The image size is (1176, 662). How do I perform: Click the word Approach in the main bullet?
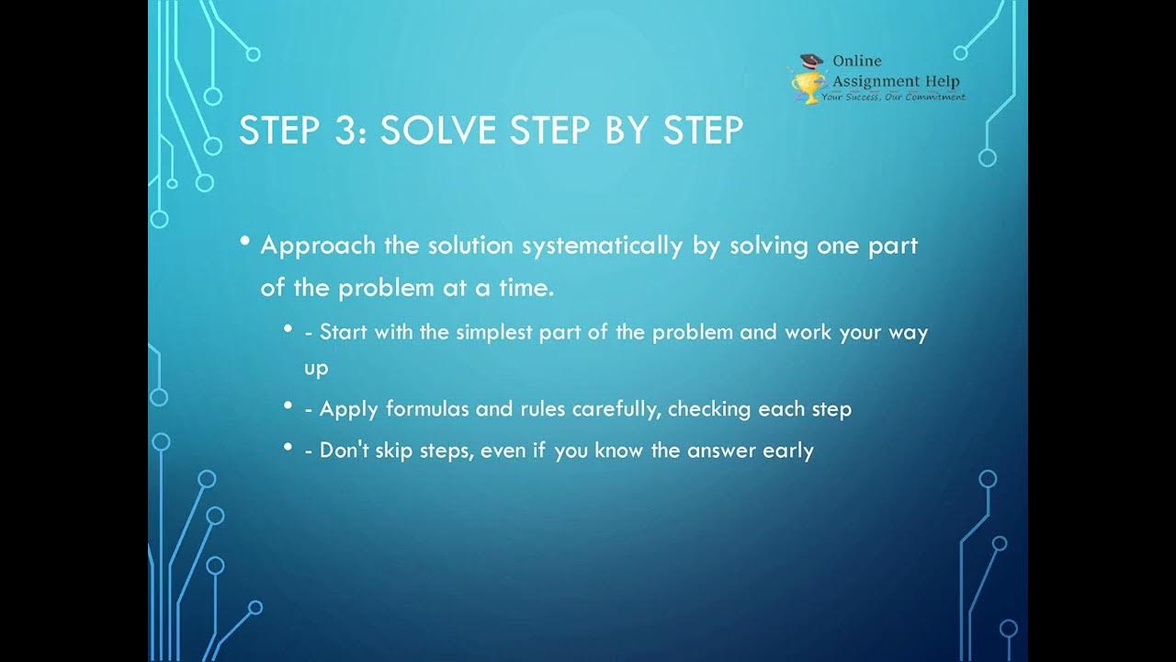pos(318,246)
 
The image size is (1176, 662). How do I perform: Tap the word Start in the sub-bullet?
pos(343,332)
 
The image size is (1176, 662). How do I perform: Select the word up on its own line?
pos(315,368)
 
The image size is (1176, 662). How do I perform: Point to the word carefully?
pos(616,409)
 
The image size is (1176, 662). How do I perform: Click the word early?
pos(788,451)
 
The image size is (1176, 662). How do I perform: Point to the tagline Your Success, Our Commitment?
pos(893,96)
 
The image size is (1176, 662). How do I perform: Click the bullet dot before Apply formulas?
pos(288,405)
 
